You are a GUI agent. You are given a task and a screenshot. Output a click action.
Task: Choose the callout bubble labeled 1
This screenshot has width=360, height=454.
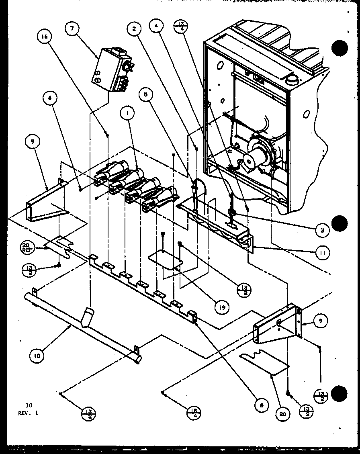tap(127, 114)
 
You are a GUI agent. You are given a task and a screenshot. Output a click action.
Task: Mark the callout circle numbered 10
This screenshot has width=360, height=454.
tap(37, 355)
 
